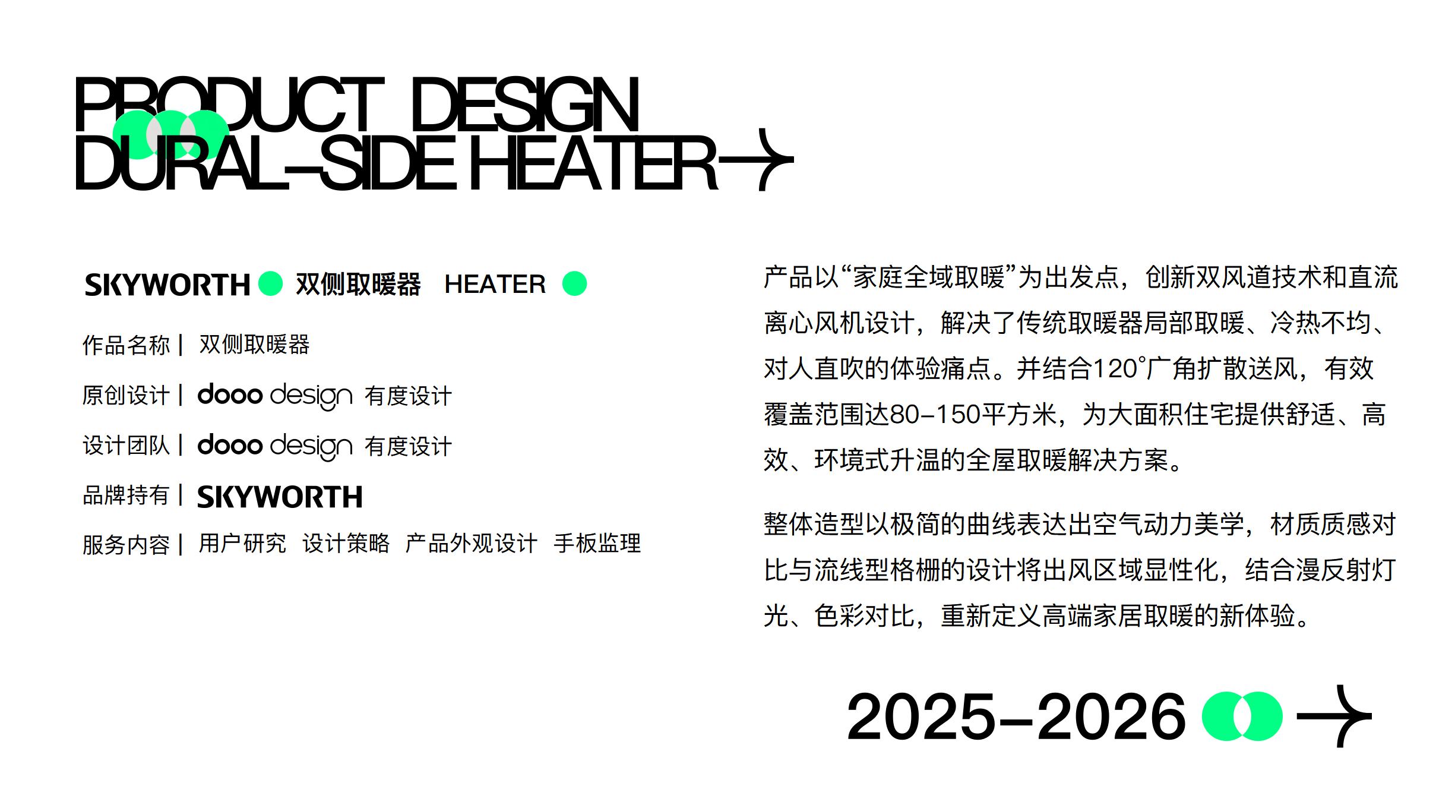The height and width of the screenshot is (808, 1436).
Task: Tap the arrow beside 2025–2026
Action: (x=1334, y=716)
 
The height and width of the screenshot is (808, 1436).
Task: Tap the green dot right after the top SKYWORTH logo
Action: (x=271, y=283)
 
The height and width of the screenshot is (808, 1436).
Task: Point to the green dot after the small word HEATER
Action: (x=574, y=283)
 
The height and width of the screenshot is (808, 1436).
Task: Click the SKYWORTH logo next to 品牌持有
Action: (x=279, y=497)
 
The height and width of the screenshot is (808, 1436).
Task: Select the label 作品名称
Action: (x=126, y=345)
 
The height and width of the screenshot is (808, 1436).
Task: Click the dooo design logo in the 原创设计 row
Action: (x=274, y=396)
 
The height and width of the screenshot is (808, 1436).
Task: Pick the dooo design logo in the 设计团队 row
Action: (x=274, y=446)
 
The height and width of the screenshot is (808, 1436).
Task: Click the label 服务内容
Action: (x=126, y=544)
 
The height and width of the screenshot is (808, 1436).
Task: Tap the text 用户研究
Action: (x=242, y=543)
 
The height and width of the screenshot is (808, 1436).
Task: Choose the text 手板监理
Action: (x=597, y=543)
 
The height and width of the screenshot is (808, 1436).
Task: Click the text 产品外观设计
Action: (x=471, y=543)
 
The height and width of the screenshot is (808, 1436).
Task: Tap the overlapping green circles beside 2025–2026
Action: (x=1242, y=716)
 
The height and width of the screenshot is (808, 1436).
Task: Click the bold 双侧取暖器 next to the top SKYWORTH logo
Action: (x=358, y=284)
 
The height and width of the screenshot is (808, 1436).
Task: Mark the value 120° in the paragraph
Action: (x=1117, y=369)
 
